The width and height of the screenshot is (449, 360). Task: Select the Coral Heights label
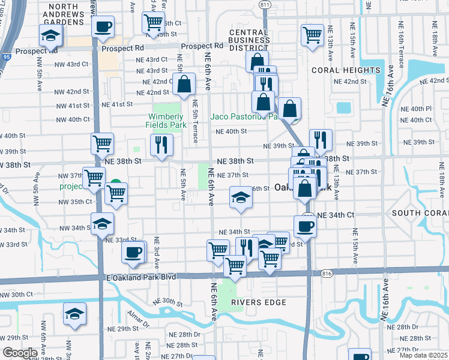[x=346, y=70]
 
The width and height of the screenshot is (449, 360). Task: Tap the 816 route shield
[x=327, y=273]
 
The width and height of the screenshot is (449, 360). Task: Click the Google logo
[x=20, y=353]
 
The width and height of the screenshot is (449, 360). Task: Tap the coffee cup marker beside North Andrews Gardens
[x=103, y=26]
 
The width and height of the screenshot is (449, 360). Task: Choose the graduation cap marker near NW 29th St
[x=74, y=314]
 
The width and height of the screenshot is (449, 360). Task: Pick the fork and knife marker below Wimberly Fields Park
[x=161, y=145]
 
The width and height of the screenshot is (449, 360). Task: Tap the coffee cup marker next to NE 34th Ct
[x=305, y=226]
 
